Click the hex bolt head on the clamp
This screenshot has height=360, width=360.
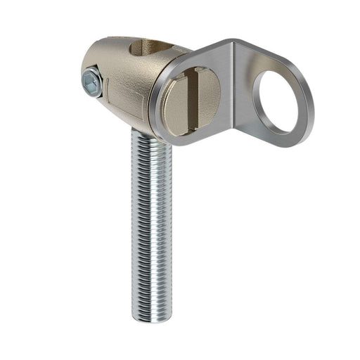tap(91, 84)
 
